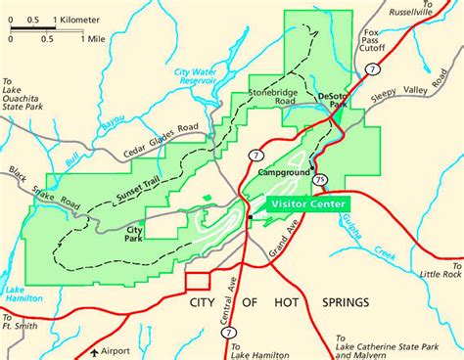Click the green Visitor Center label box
point(303,203)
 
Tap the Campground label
point(283,172)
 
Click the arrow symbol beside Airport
point(94,349)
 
